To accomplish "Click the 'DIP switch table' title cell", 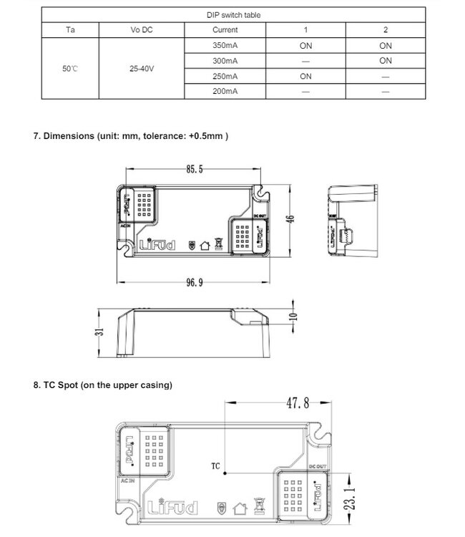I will [x=233, y=14].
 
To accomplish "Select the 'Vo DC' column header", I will [x=142, y=30].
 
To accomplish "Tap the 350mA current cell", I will [x=225, y=45].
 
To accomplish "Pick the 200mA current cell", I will [x=225, y=92].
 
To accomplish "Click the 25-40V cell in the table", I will [x=142, y=69].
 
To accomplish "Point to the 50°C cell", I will [x=70, y=69].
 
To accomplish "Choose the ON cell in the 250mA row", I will [x=305, y=76].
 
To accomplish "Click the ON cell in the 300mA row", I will [x=386, y=61].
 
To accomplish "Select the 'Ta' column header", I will [x=70, y=30].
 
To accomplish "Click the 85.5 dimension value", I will [x=195, y=170].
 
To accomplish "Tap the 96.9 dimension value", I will [x=195, y=283].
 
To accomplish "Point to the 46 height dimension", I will [x=290, y=218].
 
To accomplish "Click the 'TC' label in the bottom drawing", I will [x=215, y=466].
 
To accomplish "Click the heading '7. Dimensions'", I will [x=131, y=135].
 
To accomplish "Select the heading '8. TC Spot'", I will [x=103, y=385].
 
